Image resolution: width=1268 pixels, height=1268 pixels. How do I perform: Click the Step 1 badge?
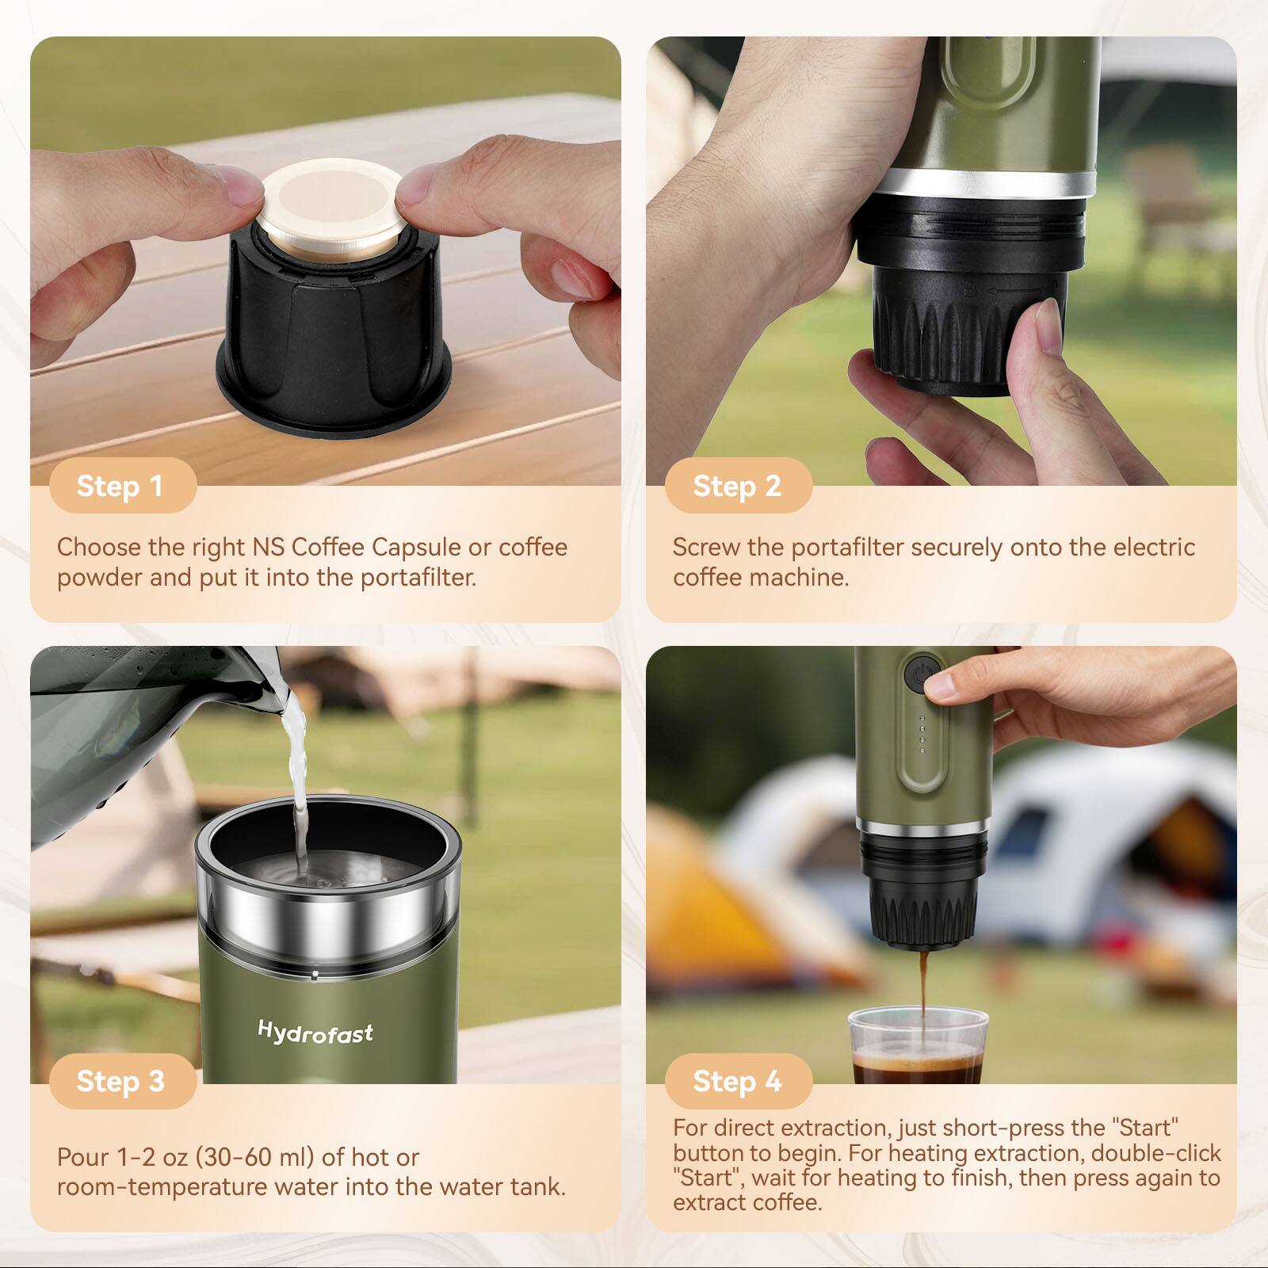coord(120,486)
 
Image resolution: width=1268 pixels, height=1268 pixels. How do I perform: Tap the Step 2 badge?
coord(737,486)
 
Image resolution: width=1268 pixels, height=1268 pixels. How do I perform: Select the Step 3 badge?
coord(120,1081)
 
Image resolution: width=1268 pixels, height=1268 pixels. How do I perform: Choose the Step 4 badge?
coord(737,1081)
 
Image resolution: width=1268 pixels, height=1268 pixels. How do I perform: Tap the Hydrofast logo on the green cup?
coord(315,1032)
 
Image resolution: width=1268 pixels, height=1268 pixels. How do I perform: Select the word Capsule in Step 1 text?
coord(416,547)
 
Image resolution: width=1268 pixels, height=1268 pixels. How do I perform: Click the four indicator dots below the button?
coord(922,735)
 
